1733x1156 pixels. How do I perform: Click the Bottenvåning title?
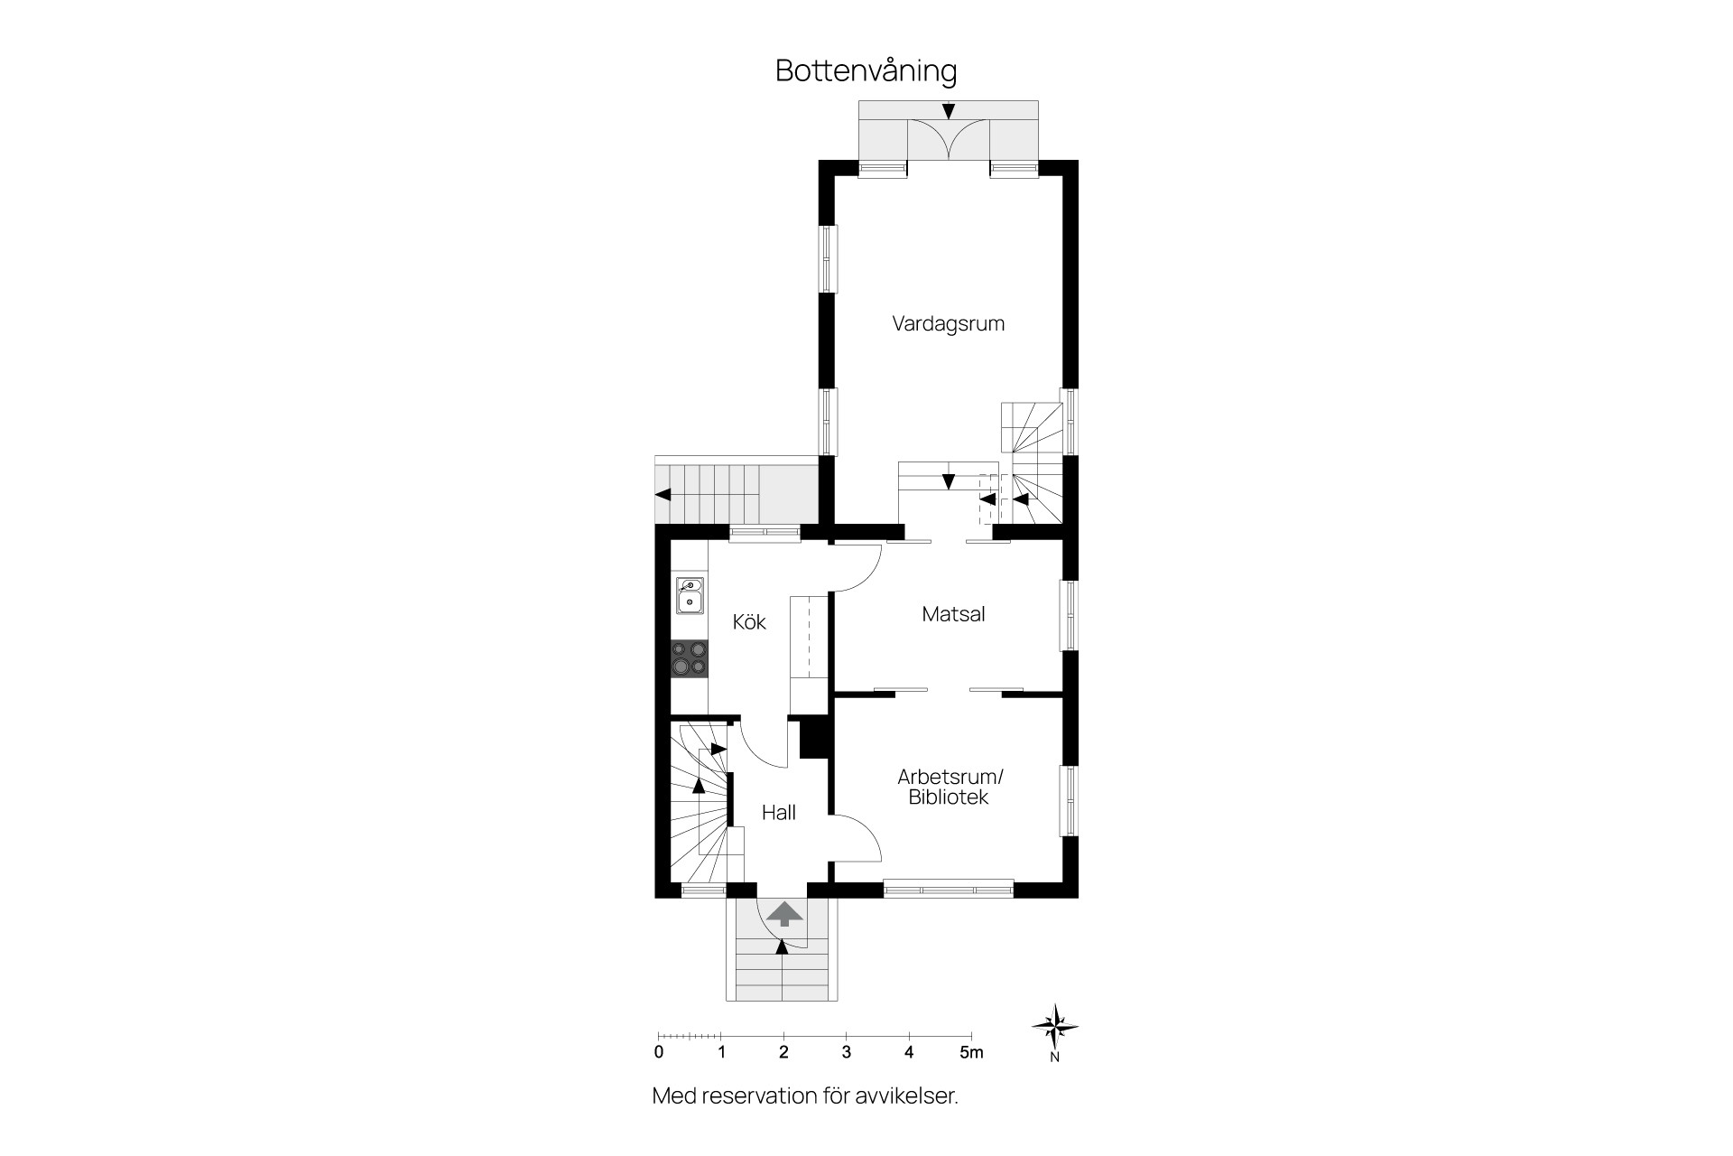click(866, 71)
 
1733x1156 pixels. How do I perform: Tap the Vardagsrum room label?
click(948, 323)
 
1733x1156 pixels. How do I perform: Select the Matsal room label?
click(953, 614)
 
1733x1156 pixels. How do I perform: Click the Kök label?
click(749, 621)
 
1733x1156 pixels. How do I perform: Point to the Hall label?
click(778, 813)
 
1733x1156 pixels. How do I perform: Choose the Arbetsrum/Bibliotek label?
click(950, 787)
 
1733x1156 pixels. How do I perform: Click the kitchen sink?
click(690, 596)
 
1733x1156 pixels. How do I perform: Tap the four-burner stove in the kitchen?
click(690, 657)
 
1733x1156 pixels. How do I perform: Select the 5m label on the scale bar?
click(970, 1052)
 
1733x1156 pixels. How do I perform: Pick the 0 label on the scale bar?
click(659, 1052)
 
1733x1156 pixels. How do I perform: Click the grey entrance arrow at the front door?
click(784, 913)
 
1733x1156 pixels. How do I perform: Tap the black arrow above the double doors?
click(948, 111)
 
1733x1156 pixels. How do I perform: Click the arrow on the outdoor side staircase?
click(663, 494)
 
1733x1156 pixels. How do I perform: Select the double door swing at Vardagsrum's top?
click(948, 141)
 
